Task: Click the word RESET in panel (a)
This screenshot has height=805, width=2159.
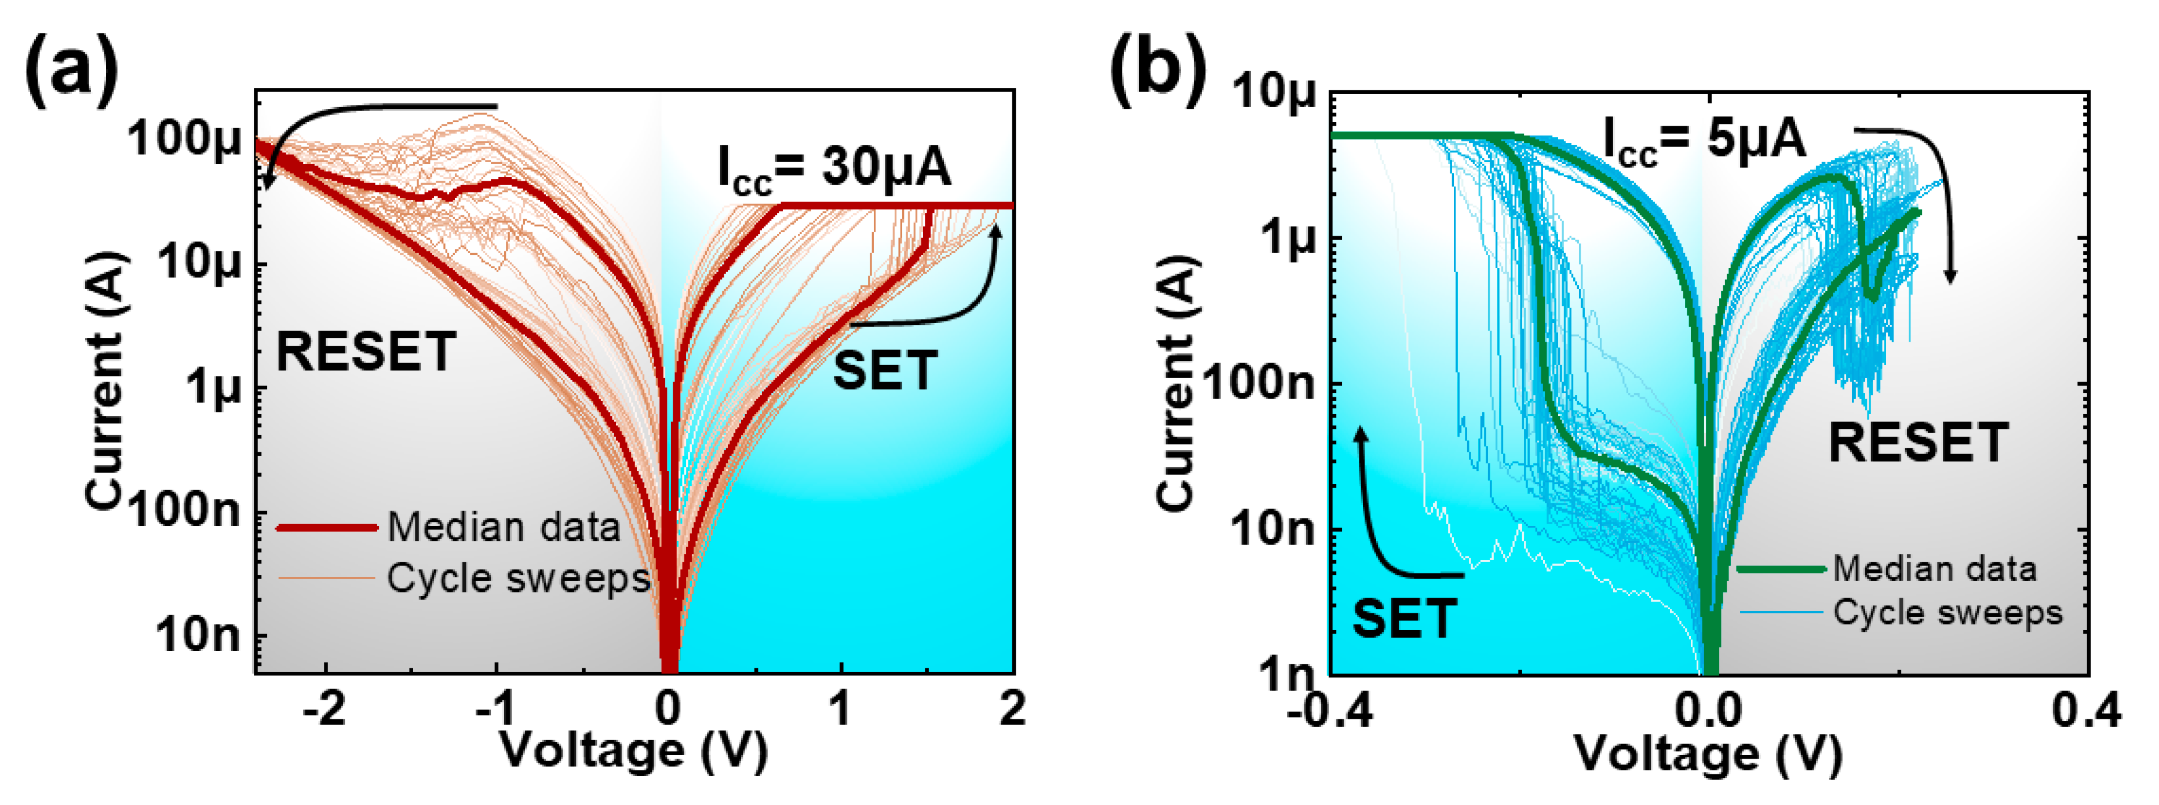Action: click(x=366, y=352)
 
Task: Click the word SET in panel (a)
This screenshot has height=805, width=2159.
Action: click(x=885, y=371)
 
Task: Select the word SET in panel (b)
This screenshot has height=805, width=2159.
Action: click(x=1405, y=619)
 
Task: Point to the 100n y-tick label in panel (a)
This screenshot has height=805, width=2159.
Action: click(x=184, y=509)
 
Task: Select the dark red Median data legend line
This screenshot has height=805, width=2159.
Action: click(x=327, y=528)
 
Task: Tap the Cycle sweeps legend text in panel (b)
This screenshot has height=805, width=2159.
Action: click(x=1947, y=612)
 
